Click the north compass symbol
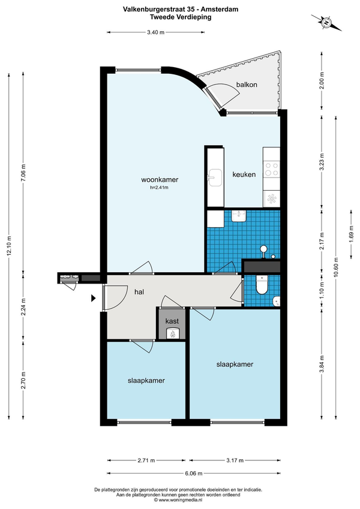pos(326,22)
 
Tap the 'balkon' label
pos(247,85)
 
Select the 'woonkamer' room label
pos(160,179)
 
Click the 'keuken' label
pos(244,174)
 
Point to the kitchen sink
pos(215,177)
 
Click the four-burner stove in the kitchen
pos(272,169)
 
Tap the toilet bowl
pos(262,284)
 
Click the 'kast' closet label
pos(172,321)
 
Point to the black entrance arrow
pos(93,298)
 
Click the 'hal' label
pos(139,292)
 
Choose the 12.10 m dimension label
pos(9,246)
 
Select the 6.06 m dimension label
pos(194,473)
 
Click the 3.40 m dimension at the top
pos(155,32)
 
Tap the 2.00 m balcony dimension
pos(322,80)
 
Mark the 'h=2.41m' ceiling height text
pos(159,187)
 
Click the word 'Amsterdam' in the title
pos(220,10)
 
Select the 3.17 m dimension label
pos(235,460)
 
